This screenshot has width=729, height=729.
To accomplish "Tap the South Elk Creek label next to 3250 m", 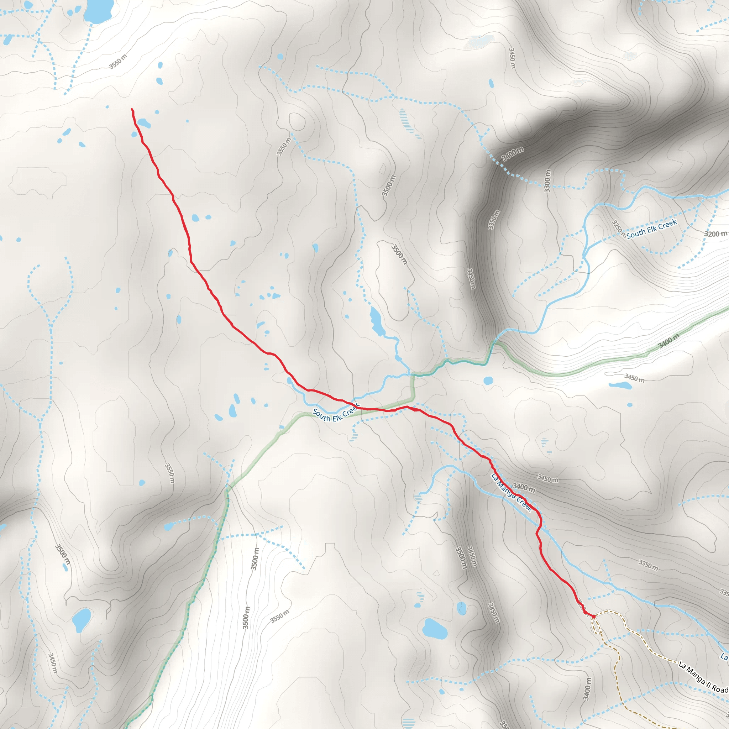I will click(x=651, y=229).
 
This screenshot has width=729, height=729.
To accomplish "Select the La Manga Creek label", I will click(x=511, y=493).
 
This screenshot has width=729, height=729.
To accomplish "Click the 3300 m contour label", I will click(x=547, y=181).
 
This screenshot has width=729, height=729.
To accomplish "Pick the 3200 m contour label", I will click(x=715, y=234).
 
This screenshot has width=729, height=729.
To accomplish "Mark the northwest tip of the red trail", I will click(x=132, y=109).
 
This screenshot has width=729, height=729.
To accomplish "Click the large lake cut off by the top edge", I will click(x=99, y=11).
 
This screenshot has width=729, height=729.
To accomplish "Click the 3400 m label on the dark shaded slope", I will click(x=513, y=153).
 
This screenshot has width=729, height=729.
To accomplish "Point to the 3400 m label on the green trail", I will click(x=668, y=342).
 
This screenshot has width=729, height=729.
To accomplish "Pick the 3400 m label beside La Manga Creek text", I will click(x=524, y=488).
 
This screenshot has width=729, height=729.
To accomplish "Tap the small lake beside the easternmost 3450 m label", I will click(x=620, y=386).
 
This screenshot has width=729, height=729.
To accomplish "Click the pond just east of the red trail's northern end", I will click(x=144, y=123).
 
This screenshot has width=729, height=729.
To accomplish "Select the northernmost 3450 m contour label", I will click(x=512, y=58).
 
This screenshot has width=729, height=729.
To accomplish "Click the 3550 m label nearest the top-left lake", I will click(x=118, y=62).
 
